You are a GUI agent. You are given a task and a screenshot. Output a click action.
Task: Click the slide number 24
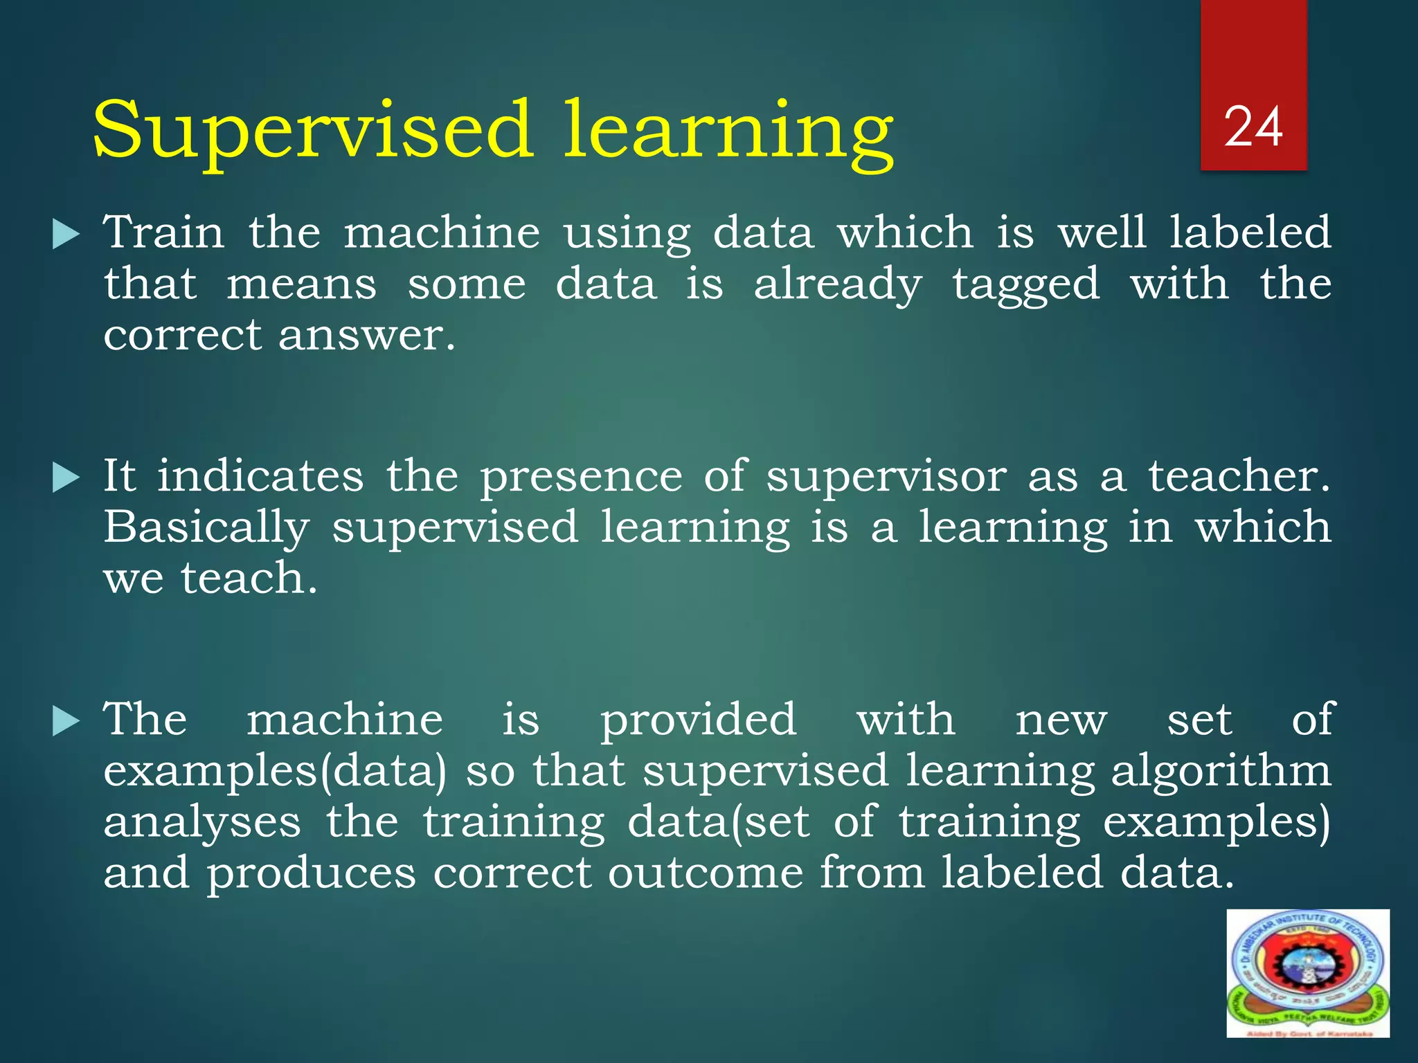coord(1253,128)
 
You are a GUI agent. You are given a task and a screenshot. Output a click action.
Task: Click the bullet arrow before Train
coord(66,235)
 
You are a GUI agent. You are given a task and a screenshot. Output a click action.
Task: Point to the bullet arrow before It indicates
coord(66,478)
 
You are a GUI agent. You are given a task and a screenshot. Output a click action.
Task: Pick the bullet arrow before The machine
coord(66,721)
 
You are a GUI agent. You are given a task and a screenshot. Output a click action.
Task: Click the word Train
coord(164,232)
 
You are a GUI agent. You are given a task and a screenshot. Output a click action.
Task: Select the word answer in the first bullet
coord(366,336)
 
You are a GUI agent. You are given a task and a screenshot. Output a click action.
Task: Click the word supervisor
coord(886,478)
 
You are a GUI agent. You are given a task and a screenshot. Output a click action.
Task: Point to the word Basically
coord(206,527)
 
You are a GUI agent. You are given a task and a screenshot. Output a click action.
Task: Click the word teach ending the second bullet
coord(249,579)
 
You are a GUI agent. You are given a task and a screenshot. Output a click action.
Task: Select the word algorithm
coord(1221,772)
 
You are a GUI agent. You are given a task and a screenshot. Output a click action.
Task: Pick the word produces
coord(311,873)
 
